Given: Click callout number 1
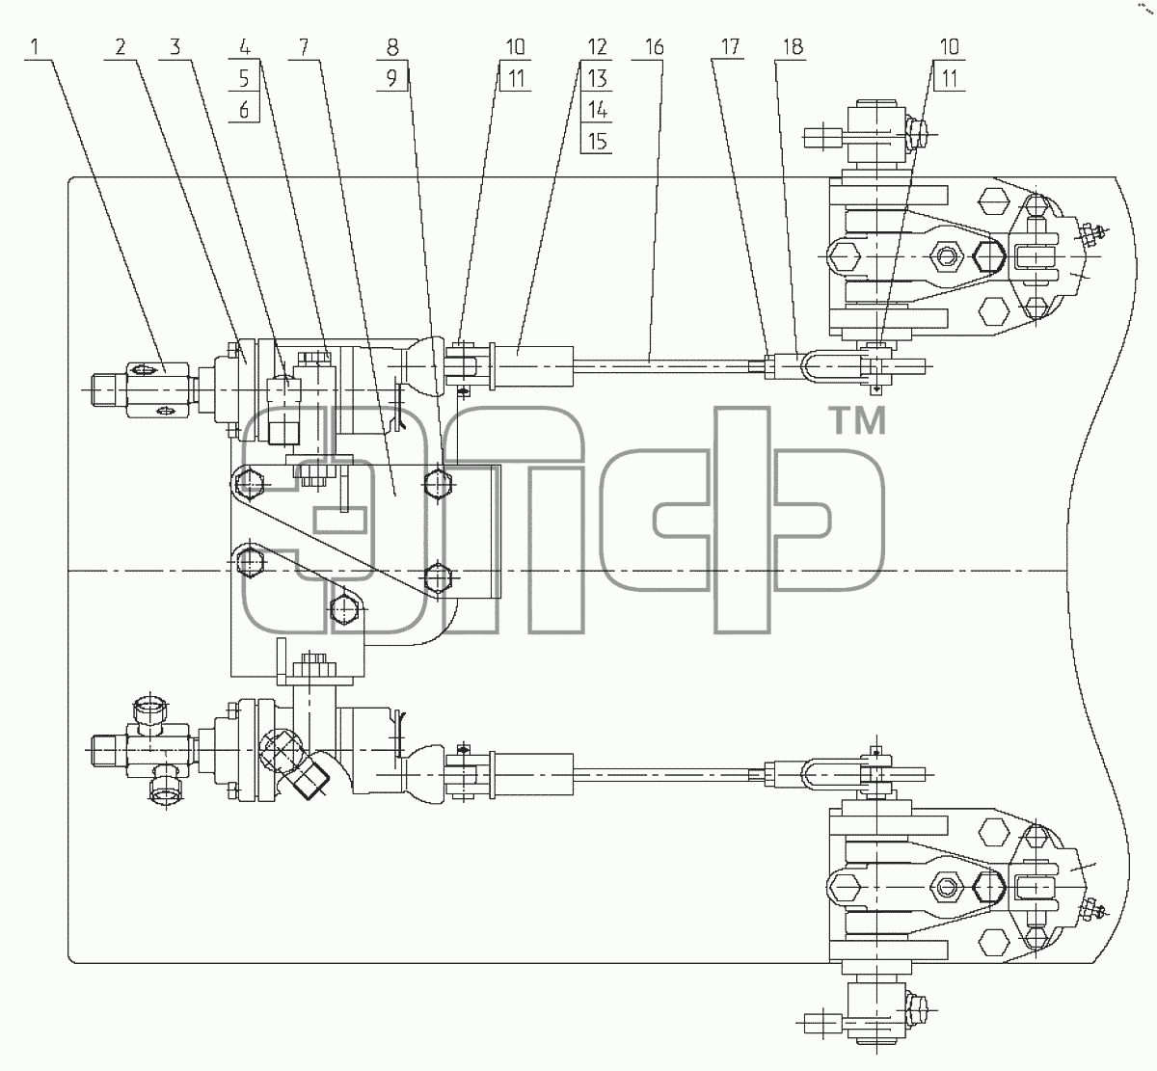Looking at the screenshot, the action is pos(36,47).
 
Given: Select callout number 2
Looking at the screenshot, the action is pos(121,47).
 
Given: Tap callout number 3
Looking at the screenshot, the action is pos(175,47).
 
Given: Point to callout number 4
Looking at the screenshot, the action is pos(245,47).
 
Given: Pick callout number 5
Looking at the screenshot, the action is pos(245,79).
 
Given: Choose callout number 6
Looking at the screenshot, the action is pos(245,110).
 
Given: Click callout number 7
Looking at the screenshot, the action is pos(304,47).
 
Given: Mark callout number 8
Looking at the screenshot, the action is pos(392,47).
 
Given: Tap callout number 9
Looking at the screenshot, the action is pos(392,79).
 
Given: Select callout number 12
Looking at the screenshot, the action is pos(597,47).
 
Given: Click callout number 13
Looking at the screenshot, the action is pos(597,79).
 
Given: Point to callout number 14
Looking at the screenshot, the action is pos(597,110).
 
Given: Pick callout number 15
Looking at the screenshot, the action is pos(597,141).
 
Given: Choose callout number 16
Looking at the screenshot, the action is pos(655,47).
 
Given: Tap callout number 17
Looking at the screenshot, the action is pos(730,47).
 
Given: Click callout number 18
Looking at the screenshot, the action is pos(794,47).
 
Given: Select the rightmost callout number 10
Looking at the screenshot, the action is pos(950,47).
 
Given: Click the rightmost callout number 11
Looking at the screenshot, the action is pos(950,79).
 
